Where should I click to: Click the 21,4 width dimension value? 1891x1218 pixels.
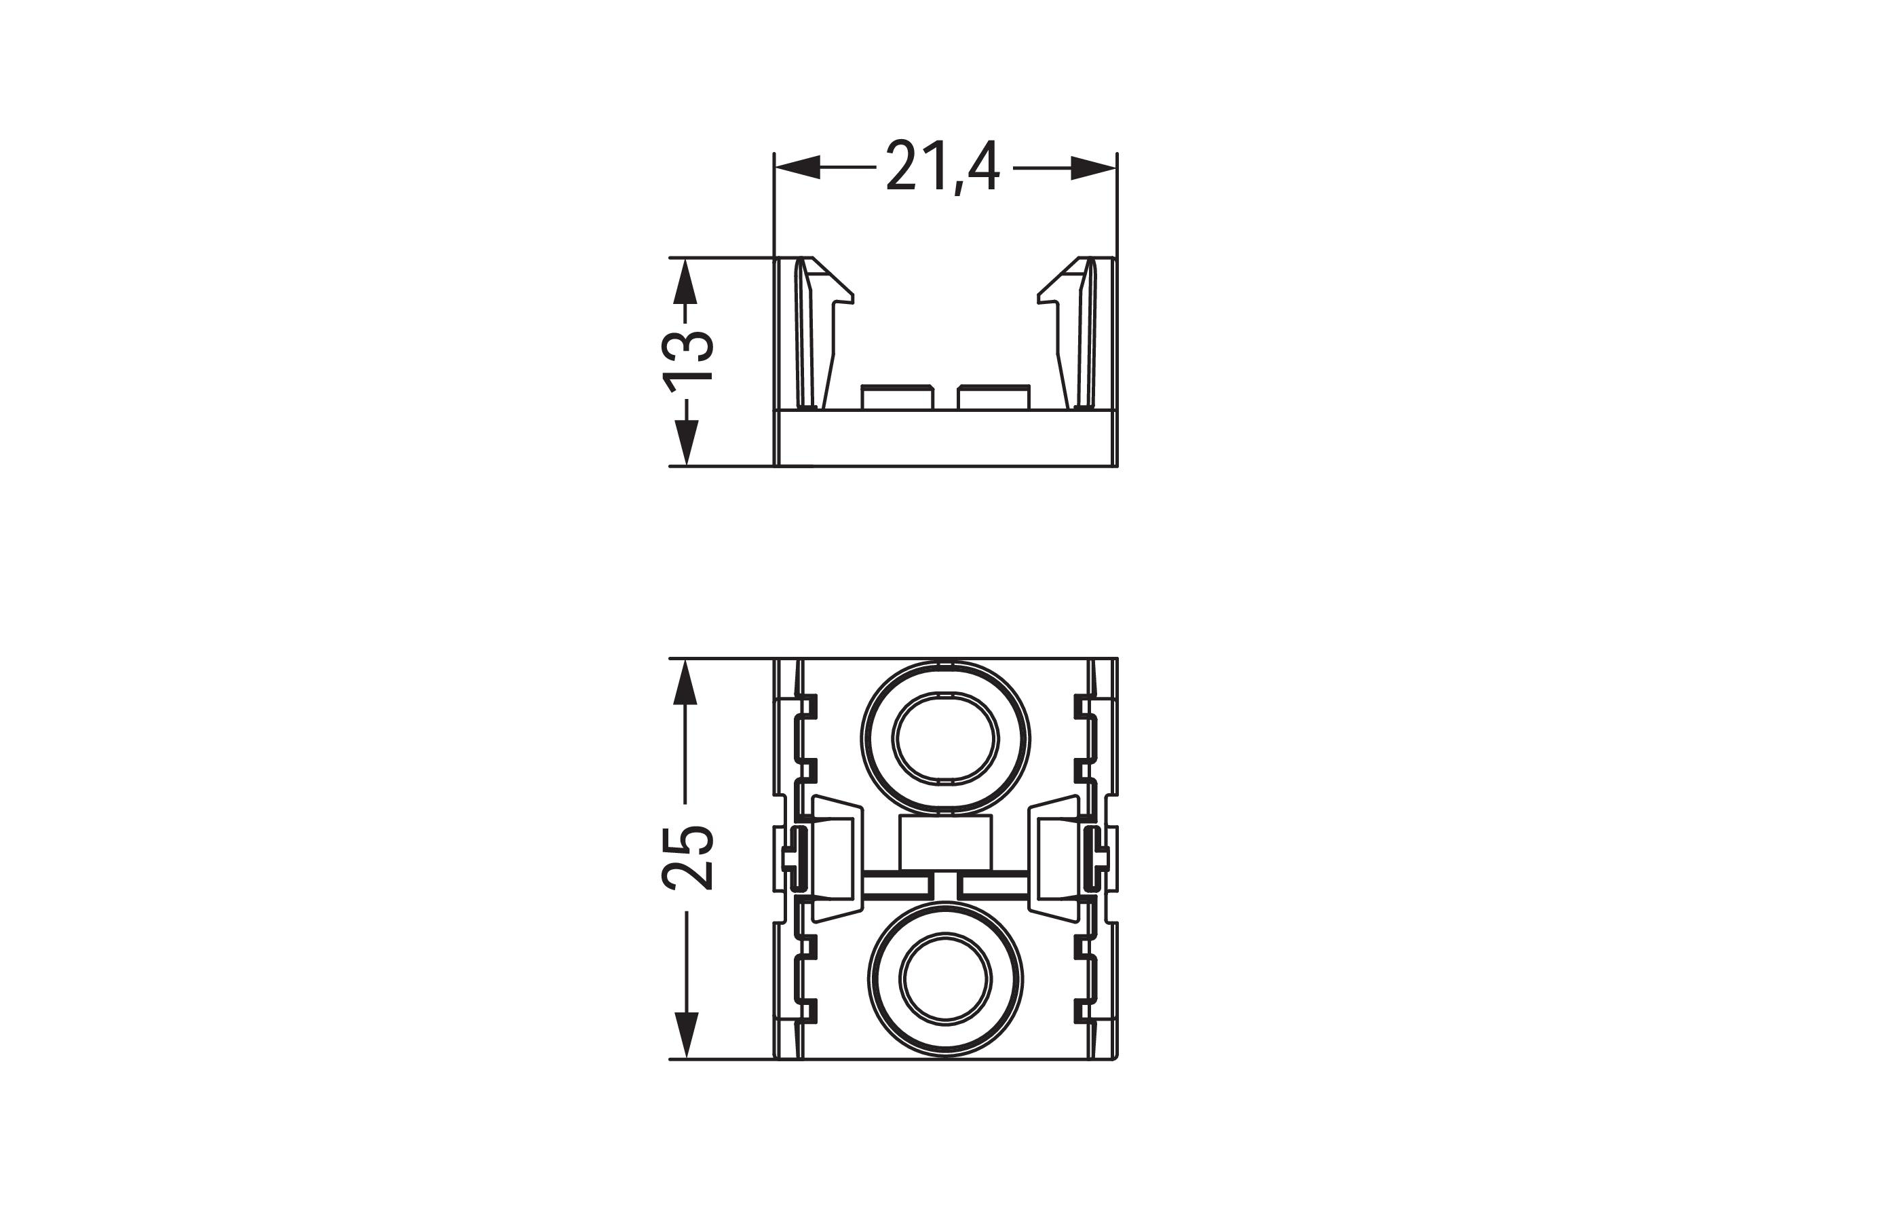tap(942, 168)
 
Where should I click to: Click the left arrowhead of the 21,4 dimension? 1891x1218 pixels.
tap(797, 168)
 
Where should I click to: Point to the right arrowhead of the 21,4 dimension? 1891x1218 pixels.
tap(1093, 168)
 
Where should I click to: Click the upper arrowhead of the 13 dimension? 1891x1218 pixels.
tap(686, 281)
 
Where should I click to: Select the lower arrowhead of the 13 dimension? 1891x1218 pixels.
tap(686, 442)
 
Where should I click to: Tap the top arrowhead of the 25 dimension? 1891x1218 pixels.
tap(686, 681)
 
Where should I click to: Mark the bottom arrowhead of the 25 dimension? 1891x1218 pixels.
tap(686, 1035)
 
